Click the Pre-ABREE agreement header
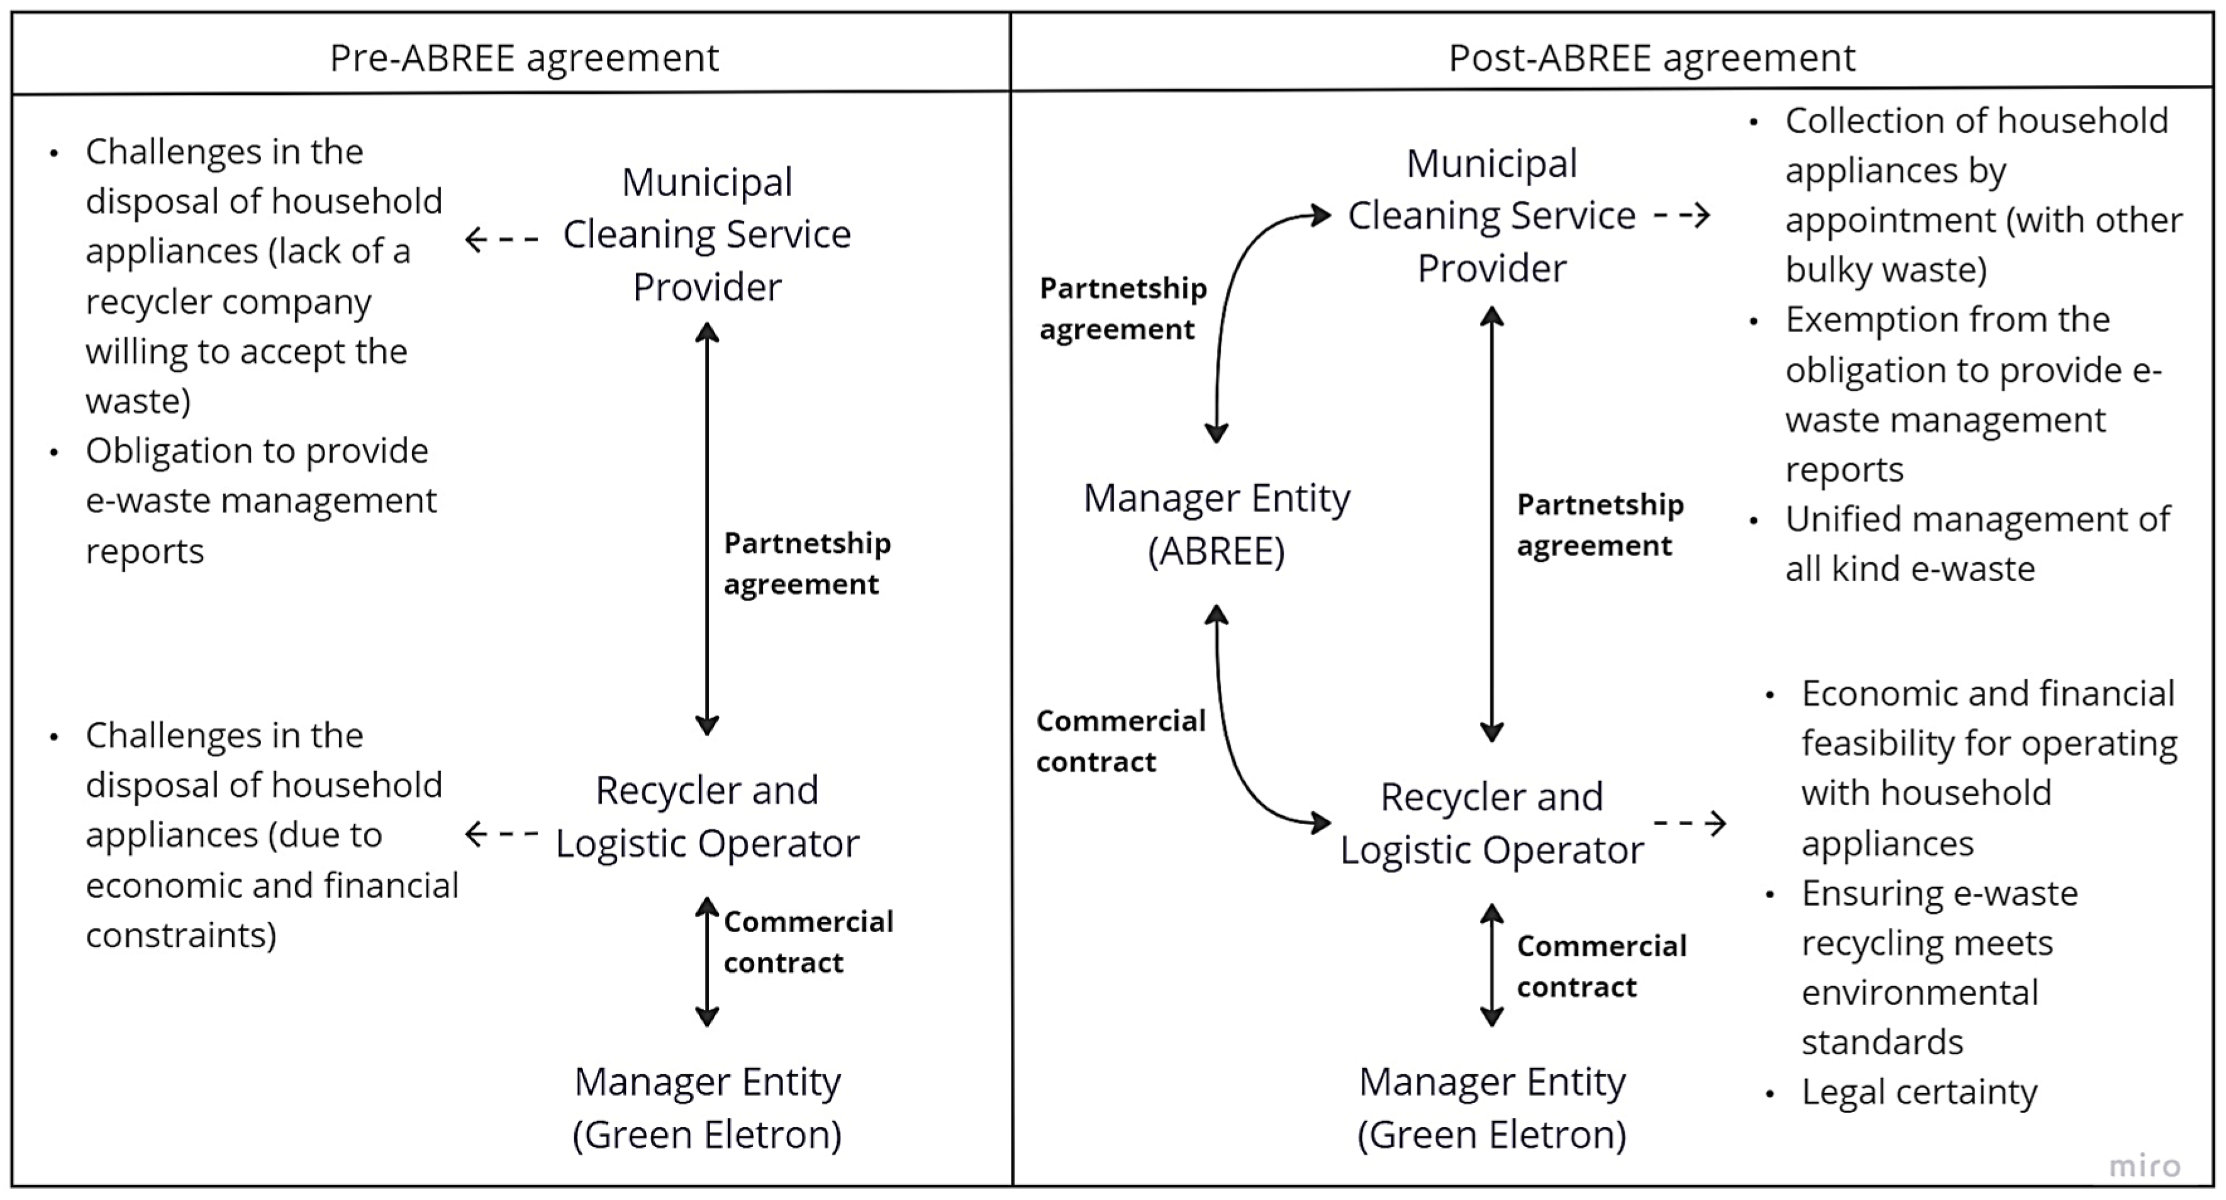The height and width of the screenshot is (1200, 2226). tap(524, 58)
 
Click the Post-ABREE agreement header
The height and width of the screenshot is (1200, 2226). tap(1651, 58)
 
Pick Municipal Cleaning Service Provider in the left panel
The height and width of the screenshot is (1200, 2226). tap(707, 234)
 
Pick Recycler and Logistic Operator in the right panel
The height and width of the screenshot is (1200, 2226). tap(1491, 823)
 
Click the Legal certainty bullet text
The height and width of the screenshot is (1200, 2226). tap(1918, 1092)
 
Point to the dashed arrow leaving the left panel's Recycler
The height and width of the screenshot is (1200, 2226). tap(501, 834)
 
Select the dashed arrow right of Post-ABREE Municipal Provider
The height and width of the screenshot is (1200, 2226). tap(1681, 214)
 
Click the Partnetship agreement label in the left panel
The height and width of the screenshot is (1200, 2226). tap(806, 564)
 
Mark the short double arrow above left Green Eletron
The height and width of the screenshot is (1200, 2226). tap(707, 960)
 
